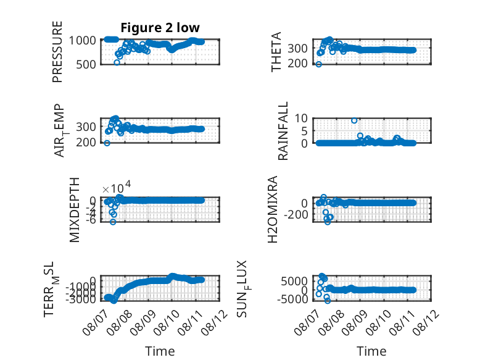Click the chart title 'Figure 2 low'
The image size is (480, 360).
[x=160, y=28]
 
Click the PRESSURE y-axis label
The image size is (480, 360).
[x=57, y=52]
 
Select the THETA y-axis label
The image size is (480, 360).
[x=276, y=52]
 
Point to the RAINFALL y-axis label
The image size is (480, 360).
[x=283, y=131]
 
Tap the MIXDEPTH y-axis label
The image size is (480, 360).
[x=75, y=210]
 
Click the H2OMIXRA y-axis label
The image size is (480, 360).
[x=273, y=209]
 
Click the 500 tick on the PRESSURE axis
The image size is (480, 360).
[x=86, y=65]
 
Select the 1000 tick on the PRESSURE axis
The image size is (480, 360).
[x=82, y=40]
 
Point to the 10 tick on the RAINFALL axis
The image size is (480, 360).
[x=301, y=118]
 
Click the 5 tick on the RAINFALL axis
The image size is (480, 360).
[x=304, y=131]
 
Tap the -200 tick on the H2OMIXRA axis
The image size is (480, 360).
[x=296, y=215]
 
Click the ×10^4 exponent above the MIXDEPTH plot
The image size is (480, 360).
[x=117, y=188]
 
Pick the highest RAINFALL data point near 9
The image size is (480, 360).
[x=354, y=120]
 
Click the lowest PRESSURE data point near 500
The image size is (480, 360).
[x=117, y=62]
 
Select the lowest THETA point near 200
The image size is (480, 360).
[x=319, y=64]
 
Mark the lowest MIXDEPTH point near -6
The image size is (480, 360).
[x=113, y=222]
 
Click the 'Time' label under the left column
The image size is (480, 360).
[x=160, y=351]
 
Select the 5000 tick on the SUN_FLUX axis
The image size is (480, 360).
[x=294, y=281]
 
